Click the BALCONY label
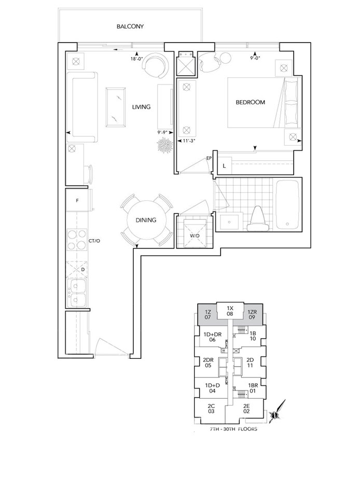[130, 26]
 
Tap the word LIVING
[141, 107]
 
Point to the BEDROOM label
[251, 103]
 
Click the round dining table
[146, 220]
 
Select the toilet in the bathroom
[258, 219]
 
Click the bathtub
[287, 204]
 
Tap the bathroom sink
[229, 221]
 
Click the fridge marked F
[77, 201]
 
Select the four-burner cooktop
[77, 240]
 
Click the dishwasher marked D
[77, 269]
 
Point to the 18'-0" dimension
[136, 59]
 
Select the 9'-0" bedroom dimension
[255, 58]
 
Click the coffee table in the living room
[116, 108]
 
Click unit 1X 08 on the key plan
[230, 311]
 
